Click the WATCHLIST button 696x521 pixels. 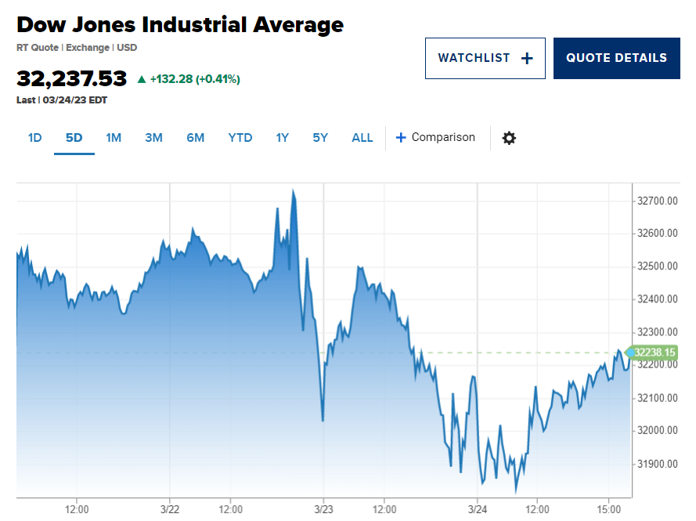pyautogui.click(x=485, y=58)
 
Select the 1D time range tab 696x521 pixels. pyautogui.click(x=34, y=138)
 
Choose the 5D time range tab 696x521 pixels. pyautogui.click(x=74, y=138)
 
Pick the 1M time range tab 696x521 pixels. pyautogui.click(x=114, y=138)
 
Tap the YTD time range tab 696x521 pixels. pyautogui.click(x=240, y=138)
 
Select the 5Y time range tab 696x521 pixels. pyautogui.click(x=320, y=138)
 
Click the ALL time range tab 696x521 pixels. pyautogui.click(x=362, y=138)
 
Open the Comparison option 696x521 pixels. pyautogui.click(x=435, y=137)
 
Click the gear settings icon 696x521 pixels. pyautogui.click(x=509, y=138)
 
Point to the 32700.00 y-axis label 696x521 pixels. pyautogui.click(x=658, y=201)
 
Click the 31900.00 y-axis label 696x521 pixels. pyautogui.click(x=658, y=464)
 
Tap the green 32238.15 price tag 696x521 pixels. pyautogui.click(x=651, y=353)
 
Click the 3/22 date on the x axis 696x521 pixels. pyautogui.click(x=170, y=509)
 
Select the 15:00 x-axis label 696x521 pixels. pyautogui.click(x=608, y=509)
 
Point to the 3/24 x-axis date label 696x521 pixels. pyautogui.click(x=478, y=509)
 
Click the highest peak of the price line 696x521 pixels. pyautogui.click(x=293, y=190)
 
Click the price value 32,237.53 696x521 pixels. pyautogui.click(x=71, y=78)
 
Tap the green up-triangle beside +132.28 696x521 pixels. pyautogui.click(x=142, y=79)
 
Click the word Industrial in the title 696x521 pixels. pyautogui.click(x=194, y=25)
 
